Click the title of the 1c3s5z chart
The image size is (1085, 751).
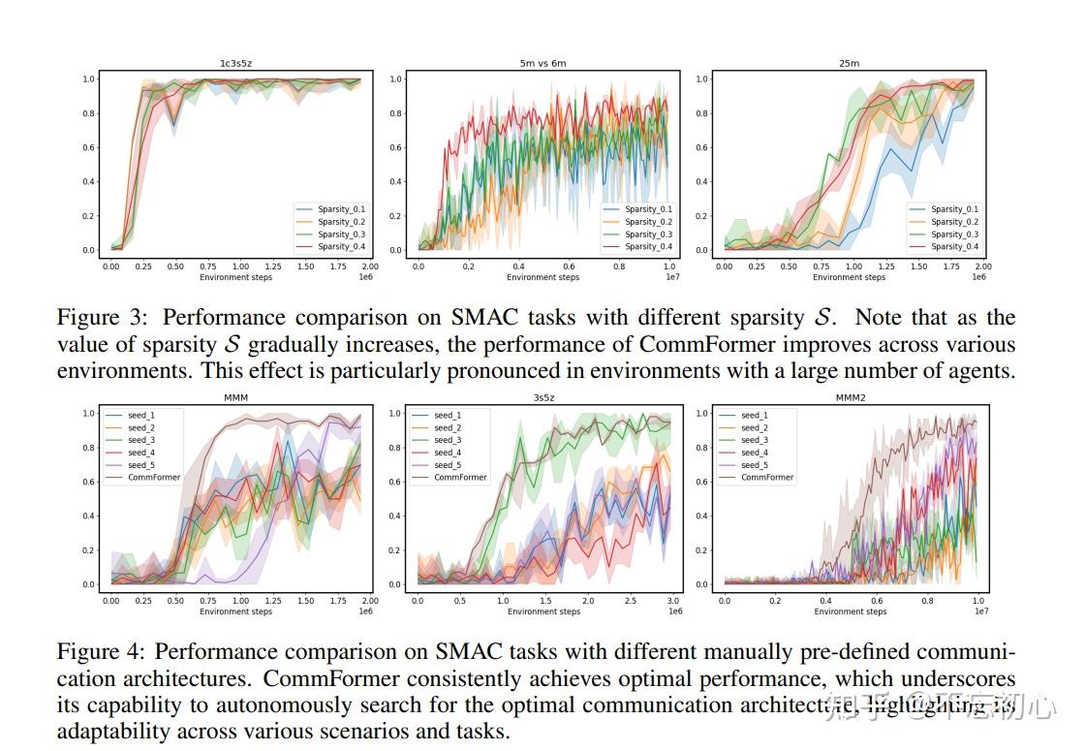(x=235, y=64)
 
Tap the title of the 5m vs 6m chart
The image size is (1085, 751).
(x=542, y=64)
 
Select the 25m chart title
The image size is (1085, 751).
(x=849, y=64)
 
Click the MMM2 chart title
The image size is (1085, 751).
(x=849, y=398)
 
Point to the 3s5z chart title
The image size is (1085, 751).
(x=542, y=398)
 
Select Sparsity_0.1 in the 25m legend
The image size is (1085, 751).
(x=954, y=209)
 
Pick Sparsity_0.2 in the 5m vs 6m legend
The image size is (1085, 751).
(x=648, y=222)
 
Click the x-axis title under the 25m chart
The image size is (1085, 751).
(x=849, y=277)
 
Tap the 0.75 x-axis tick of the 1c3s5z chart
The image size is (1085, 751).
(x=208, y=266)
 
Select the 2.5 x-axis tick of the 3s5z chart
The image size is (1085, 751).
(x=631, y=601)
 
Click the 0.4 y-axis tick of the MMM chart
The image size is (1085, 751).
(x=89, y=516)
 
